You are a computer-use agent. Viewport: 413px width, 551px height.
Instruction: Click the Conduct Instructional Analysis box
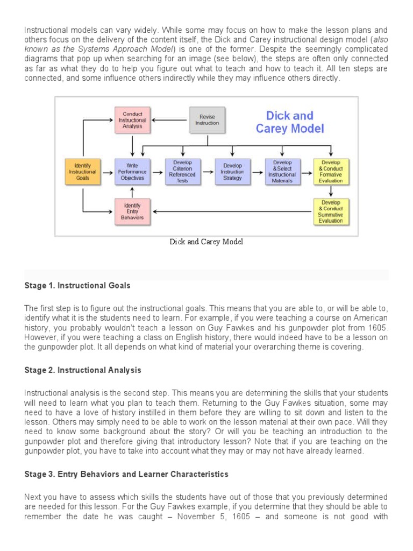click(132, 121)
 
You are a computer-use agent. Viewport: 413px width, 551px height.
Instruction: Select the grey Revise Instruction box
click(207, 120)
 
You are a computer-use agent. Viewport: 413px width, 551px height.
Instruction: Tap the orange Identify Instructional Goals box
click(83, 172)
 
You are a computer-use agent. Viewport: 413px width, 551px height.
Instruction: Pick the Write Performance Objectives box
click(132, 172)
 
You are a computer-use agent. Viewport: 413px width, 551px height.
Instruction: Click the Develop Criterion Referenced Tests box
click(182, 172)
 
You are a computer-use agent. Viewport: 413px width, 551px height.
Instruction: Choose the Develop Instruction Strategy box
click(232, 172)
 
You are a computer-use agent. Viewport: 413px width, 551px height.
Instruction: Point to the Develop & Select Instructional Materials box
click(282, 172)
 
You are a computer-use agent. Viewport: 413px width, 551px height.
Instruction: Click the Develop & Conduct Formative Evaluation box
click(331, 172)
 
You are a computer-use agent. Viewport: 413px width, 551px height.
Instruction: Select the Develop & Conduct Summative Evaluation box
click(331, 211)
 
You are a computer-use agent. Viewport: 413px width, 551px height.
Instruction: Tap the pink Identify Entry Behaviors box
click(132, 211)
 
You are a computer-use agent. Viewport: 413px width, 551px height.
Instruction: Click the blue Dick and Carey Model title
click(289, 122)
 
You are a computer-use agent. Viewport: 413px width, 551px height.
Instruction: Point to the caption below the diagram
click(206, 242)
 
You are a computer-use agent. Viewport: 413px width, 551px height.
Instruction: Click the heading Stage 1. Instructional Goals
click(77, 286)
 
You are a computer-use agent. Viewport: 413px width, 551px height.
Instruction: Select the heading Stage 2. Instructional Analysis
click(83, 370)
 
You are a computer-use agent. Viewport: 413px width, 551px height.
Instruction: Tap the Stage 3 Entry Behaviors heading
click(126, 474)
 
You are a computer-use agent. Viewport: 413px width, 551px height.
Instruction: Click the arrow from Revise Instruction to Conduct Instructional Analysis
click(170, 120)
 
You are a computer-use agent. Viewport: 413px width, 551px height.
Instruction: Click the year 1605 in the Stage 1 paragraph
click(378, 328)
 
